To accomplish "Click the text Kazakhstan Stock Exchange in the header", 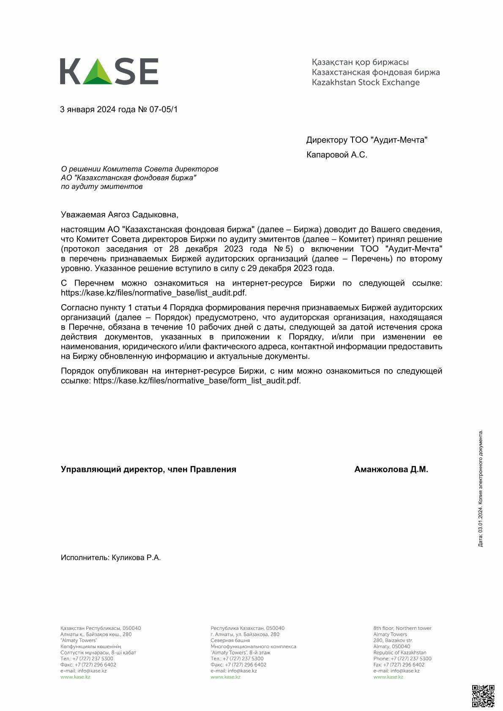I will tap(366, 82).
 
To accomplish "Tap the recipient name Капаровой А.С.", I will tap(336, 155).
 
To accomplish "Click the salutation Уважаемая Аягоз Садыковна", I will tap(120, 215).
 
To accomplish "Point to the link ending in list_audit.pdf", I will tap(153, 293).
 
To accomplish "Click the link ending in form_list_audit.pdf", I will tap(197, 381).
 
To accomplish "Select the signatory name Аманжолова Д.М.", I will tap(391, 469).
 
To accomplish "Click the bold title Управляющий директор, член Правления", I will tap(148, 469).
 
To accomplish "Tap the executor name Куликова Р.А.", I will tap(136, 558).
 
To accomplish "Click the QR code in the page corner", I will tap(483, 696).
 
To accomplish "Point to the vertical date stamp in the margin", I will tap(481, 488).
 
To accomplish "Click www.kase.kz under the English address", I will tap(388, 677).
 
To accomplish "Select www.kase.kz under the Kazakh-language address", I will tap(75, 677).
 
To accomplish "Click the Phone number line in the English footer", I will tap(402, 659).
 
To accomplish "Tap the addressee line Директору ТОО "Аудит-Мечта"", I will tap(366, 140).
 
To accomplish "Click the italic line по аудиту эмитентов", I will tap(101, 187).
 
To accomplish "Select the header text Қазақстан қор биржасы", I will tap(360, 63).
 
